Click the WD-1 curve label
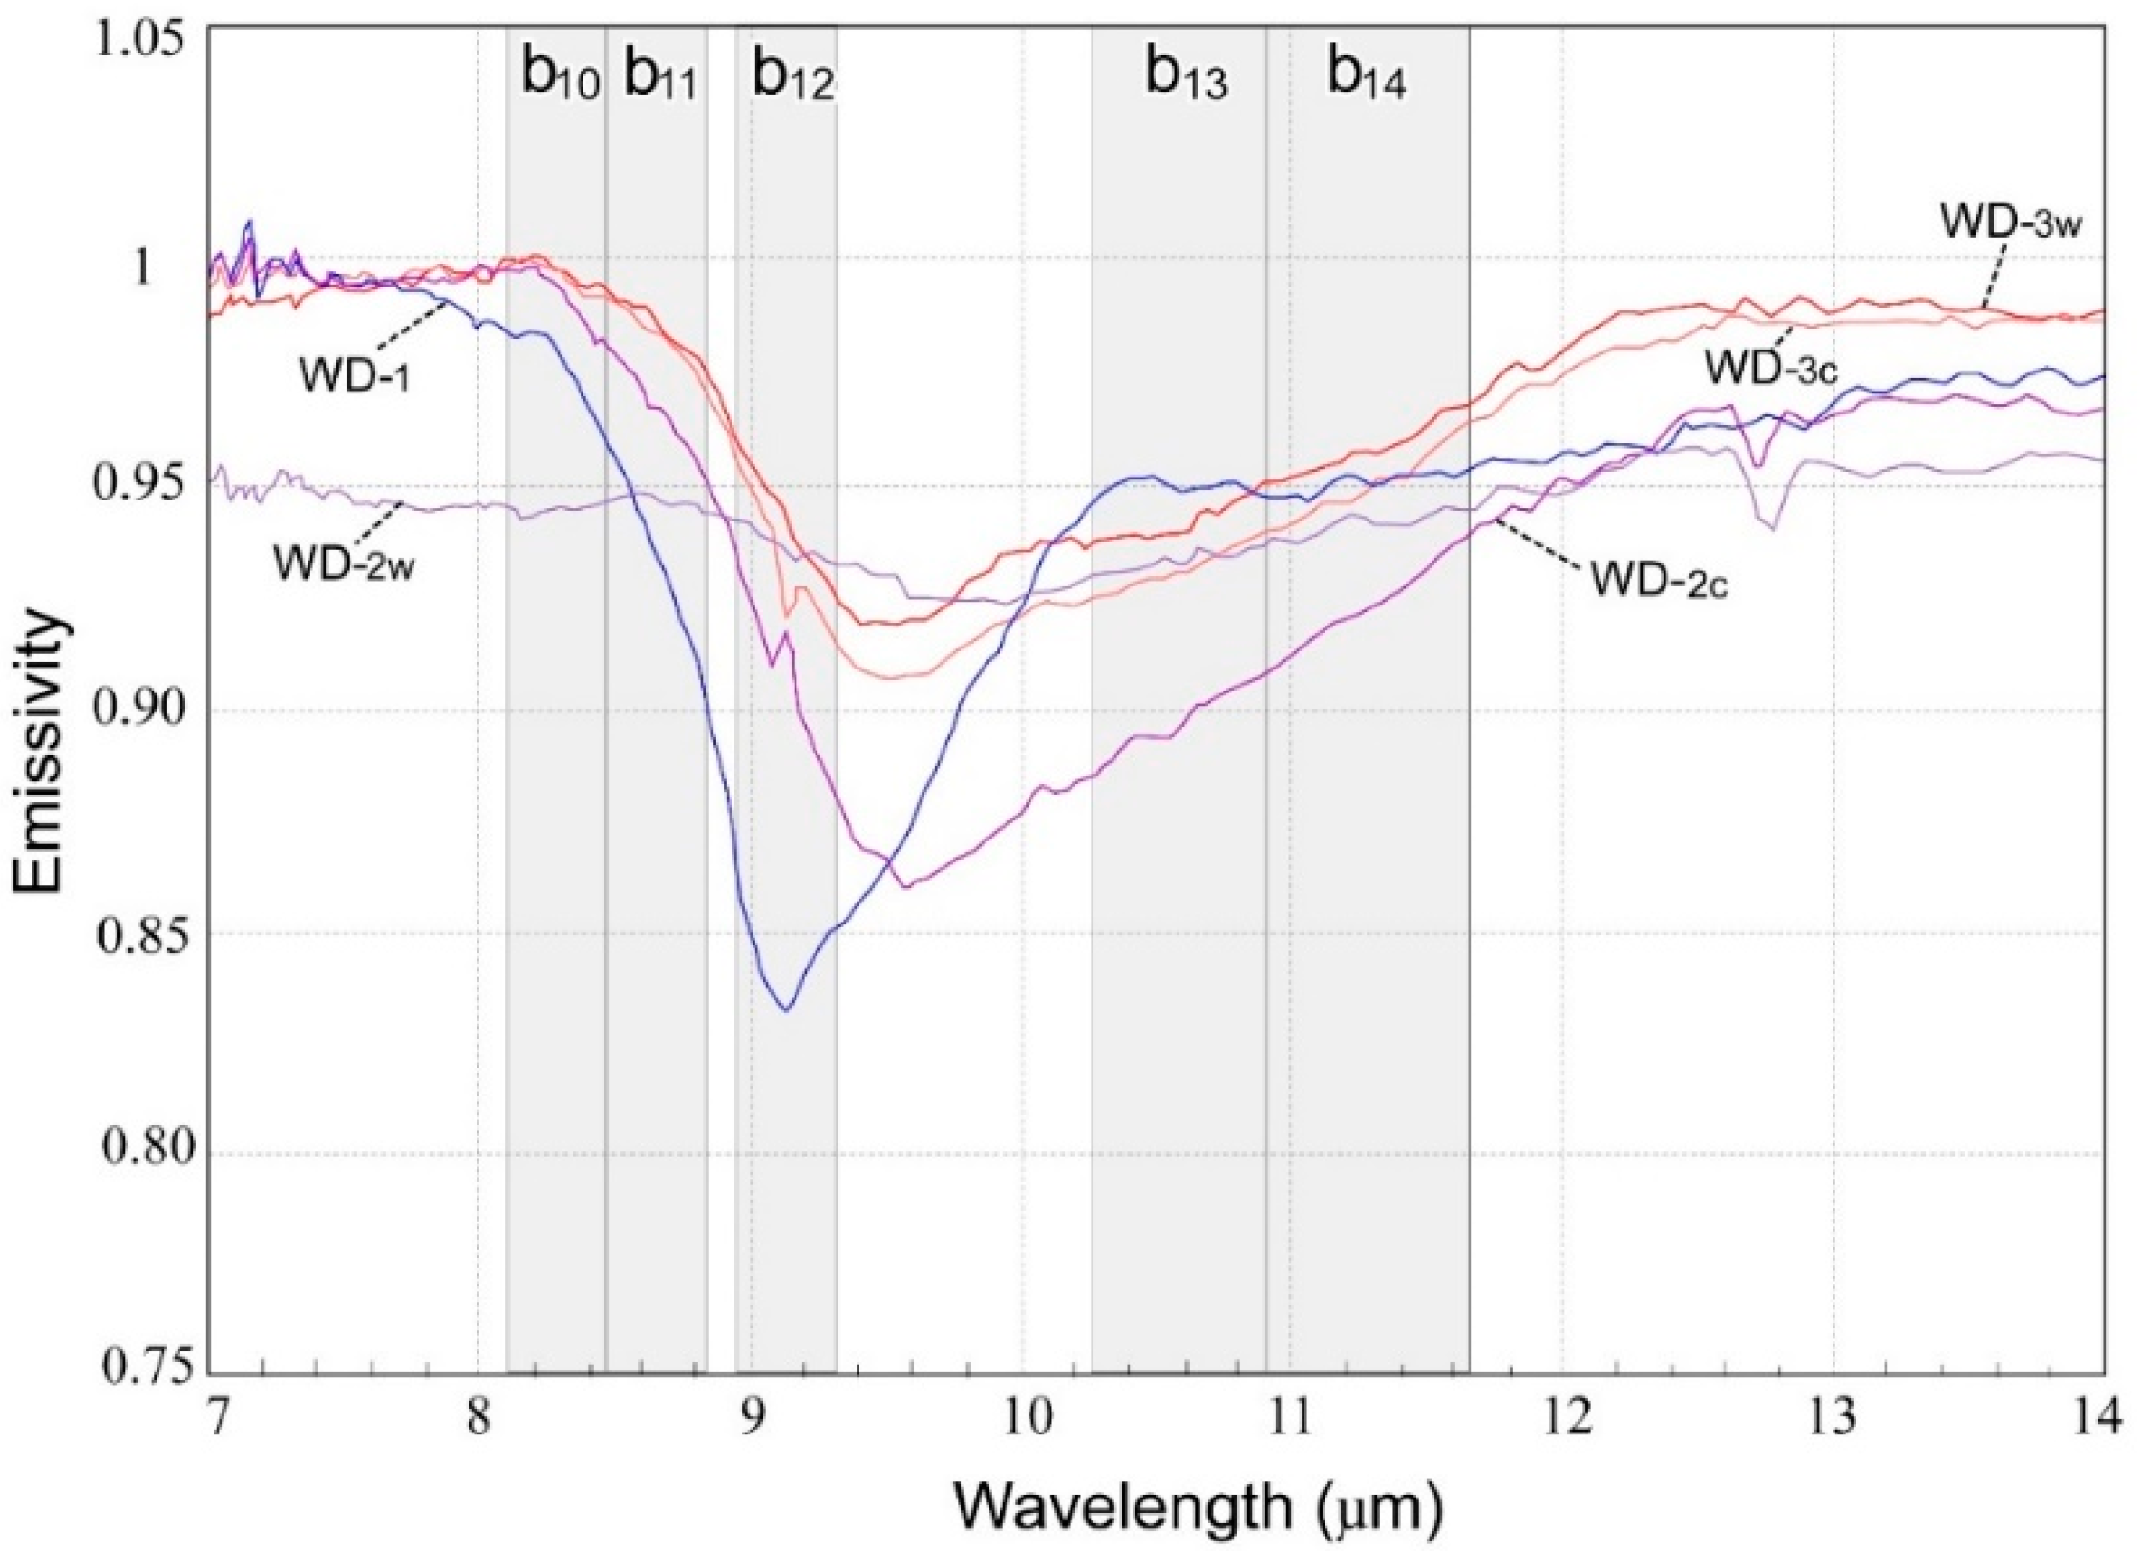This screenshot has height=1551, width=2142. (x=354, y=374)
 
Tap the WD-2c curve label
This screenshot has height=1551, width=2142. (x=1659, y=580)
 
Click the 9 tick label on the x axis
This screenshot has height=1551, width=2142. (x=751, y=1416)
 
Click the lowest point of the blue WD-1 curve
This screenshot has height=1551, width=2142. (x=786, y=1009)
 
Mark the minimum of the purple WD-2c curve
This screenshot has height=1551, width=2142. (x=905, y=887)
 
